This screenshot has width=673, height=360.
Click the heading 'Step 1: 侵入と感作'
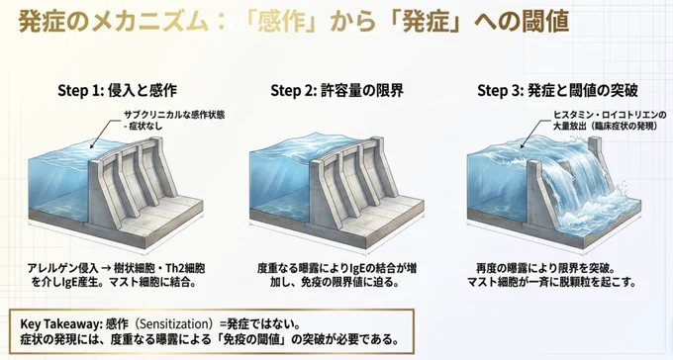point(117,91)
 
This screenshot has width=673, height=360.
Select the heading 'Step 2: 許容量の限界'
point(336,91)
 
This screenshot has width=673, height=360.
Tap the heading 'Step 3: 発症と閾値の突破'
point(557,91)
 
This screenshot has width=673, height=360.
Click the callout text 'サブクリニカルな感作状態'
point(174,115)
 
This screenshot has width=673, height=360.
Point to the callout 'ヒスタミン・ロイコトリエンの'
point(610,115)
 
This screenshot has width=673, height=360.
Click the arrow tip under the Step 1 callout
point(91,147)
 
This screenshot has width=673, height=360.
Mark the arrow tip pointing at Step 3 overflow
point(521,148)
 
